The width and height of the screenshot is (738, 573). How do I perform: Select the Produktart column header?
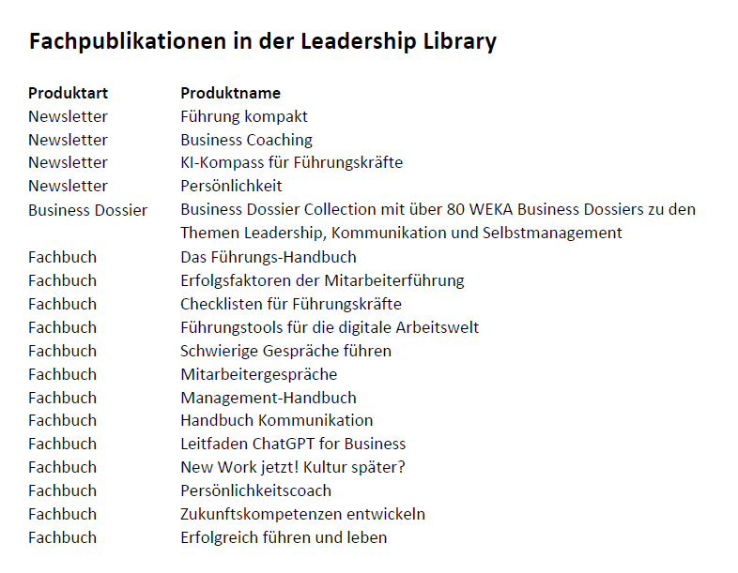click(68, 93)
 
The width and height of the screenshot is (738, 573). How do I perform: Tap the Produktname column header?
click(230, 93)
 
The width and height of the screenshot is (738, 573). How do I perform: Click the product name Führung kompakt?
click(244, 116)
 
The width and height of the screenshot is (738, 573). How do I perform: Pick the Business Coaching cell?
click(246, 140)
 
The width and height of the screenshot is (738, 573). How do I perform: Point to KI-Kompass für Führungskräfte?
click(291, 162)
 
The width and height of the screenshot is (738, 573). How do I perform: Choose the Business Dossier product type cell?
click(87, 209)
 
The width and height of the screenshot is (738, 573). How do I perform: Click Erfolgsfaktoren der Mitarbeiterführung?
click(322, 280)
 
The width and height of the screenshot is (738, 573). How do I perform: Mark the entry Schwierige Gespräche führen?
click(285, 351)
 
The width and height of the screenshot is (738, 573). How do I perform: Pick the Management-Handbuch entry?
click(268, 398)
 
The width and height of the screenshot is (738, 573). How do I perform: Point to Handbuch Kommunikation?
click(276, 420)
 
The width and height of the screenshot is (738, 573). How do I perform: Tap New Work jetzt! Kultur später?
click(292, 467)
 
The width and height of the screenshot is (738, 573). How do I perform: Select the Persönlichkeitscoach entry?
click(255, 490)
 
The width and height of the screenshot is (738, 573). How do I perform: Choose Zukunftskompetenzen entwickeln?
click(302, 514)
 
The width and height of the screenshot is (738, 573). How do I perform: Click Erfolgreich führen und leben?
click(284, 537)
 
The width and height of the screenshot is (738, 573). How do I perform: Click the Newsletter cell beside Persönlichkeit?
click(68, 186)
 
